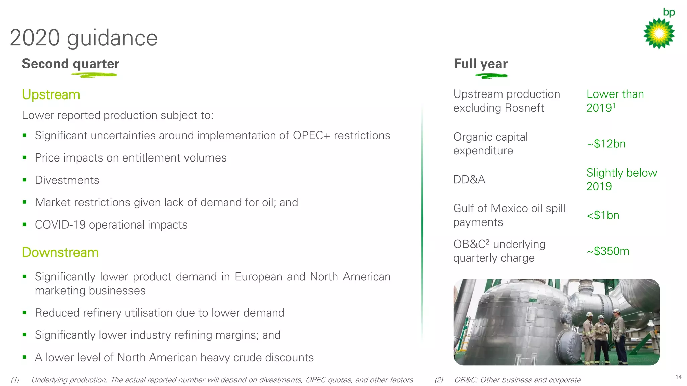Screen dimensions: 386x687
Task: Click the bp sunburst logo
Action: click(659, 33)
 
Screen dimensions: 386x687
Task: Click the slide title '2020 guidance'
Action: click(84, 38)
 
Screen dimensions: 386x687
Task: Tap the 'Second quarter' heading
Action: click(70, 64)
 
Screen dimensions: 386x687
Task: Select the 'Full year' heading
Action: click(480, 64)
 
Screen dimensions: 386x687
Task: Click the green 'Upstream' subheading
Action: click(51, 95)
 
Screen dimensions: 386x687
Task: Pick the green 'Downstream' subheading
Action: click(60, 253)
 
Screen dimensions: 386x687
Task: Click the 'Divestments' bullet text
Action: click(67, 180)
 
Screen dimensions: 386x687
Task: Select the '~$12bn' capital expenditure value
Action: click(606, 144)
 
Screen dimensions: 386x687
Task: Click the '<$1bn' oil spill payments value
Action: click(603, 215)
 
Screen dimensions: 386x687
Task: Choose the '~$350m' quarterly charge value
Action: click(608, 251)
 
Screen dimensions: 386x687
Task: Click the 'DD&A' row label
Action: click(469, 180)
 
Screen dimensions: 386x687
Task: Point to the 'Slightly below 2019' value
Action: click(621, 180)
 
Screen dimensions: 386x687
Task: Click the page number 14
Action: click(678, 377)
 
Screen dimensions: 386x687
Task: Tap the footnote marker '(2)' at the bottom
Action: click(439, 380)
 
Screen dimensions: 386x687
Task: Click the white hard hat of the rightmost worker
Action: click(616, 311)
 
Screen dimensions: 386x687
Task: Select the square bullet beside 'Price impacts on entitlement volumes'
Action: click(24, 157)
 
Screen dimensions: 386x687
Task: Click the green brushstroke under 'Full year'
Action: click(491, 76)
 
